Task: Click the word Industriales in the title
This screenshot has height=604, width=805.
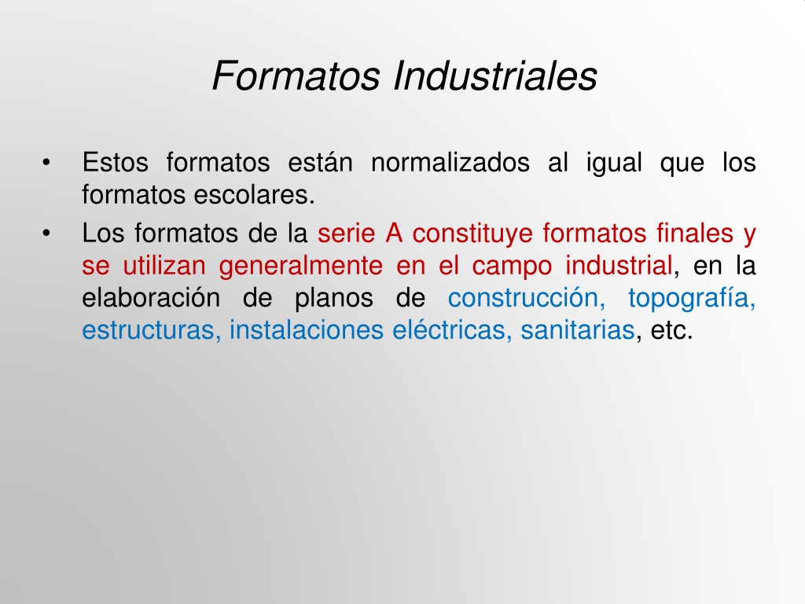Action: (x=495, y=76)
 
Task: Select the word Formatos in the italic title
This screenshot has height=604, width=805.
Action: (x=296, y=76)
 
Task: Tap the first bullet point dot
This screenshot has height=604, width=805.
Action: (x=46, y=163)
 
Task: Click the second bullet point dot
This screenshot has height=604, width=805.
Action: (x=46, y=234)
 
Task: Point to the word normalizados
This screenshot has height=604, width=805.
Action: (x=450, y=162)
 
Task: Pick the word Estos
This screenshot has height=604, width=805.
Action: (x=115, y=162)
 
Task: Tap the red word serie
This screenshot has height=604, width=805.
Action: (x=347, y=233)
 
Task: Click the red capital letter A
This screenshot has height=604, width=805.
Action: (x=394, y=233)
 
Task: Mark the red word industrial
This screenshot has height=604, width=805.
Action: (x=619, y=266)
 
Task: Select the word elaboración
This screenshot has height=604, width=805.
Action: (x=151, y=298)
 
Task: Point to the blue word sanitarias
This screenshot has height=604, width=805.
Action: (x=578, y=330)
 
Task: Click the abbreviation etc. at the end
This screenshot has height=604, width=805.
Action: (x=671, y=331)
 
